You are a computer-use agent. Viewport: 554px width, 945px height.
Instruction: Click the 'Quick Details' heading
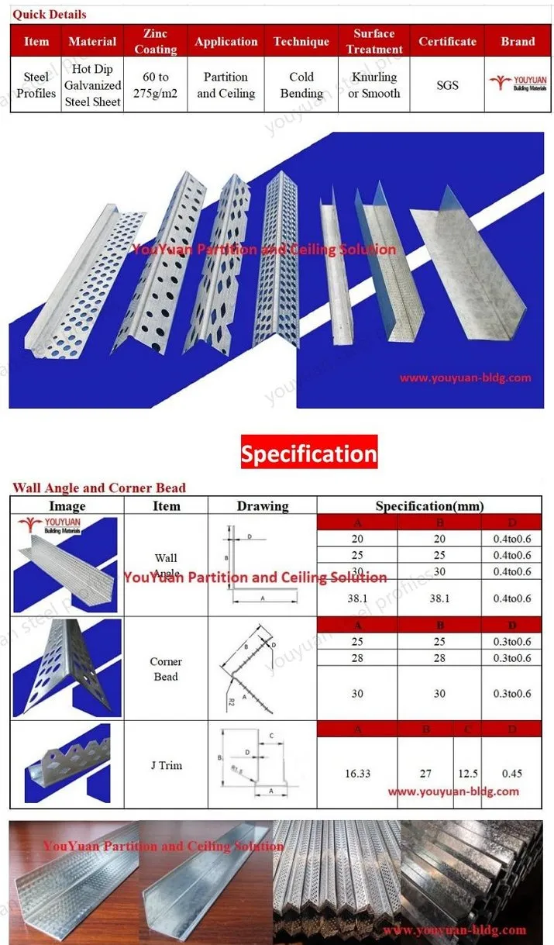point(49,15)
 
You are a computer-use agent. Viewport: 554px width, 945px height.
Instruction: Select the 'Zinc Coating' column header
point(156,41)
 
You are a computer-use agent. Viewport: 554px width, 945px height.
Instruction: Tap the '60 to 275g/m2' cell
point(156,85)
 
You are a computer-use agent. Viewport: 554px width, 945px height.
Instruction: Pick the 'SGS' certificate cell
point(447,85)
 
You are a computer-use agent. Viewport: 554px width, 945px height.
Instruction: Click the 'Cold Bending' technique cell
point(301,85)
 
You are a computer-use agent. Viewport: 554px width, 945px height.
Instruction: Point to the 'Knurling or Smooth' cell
point(374,85)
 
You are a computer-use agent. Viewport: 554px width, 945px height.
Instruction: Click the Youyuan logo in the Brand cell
point(518,85)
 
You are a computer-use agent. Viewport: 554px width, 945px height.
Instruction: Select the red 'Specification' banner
point(308,454)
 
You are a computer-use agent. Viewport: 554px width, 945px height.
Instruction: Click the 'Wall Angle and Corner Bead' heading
point(99,488)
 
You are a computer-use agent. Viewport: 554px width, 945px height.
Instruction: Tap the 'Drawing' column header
point(263,506)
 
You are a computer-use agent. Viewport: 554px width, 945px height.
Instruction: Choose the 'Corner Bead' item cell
point(166,669)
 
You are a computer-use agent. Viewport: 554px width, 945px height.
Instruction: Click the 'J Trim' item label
point(166,765)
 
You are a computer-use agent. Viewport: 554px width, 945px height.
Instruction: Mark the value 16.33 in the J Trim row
point(357,773)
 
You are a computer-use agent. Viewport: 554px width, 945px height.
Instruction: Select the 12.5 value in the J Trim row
point(466,773)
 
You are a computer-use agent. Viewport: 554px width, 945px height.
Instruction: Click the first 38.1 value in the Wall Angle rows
point(357,598)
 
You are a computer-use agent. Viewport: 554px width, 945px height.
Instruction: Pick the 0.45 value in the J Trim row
point(512,773)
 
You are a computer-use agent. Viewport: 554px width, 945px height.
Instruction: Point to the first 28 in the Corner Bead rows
point(357,658)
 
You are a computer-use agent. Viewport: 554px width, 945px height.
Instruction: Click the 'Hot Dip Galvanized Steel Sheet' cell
point(92,85)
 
